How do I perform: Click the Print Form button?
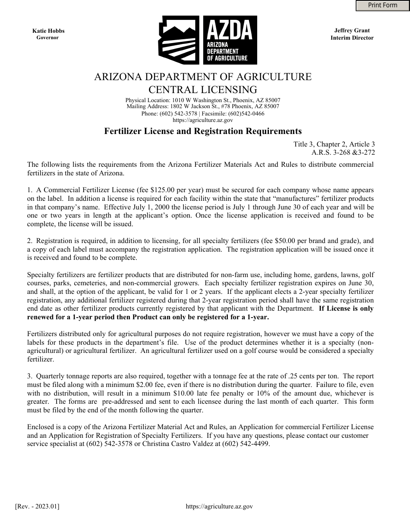click(382, 5)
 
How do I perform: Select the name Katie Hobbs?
click(48, 31)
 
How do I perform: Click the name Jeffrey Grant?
click(352, 31)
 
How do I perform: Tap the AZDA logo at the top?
click(208, 40)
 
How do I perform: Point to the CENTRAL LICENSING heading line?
click(203, 90)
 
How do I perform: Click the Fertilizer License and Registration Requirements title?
click(203, 131)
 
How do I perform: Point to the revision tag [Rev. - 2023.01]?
click(37, 507)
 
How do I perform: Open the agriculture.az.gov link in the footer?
click(219, 507)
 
